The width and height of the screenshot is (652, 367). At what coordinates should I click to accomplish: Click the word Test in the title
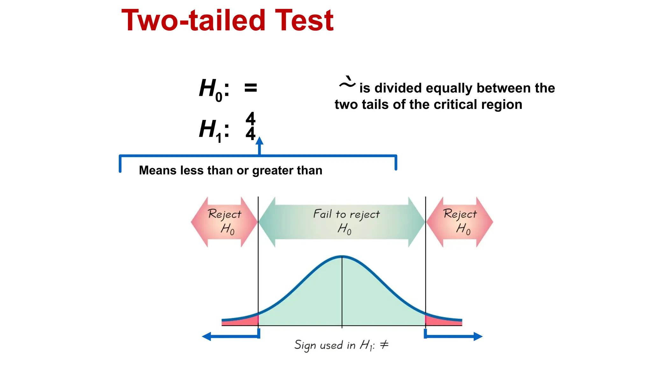pos(304,20)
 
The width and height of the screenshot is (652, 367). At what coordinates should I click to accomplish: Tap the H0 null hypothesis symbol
pos(210,89)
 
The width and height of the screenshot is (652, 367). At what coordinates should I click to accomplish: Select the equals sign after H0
pos(251,88)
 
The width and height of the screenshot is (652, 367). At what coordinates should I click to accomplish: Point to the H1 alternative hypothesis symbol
pos(210,130)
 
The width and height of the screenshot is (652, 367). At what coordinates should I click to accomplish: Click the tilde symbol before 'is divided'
pos(347,83)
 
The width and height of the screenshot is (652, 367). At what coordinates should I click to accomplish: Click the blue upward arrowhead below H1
pos(260,141)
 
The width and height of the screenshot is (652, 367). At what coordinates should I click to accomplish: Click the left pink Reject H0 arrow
pos(224,222)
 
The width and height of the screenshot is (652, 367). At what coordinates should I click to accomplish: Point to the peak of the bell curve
pos(342,256)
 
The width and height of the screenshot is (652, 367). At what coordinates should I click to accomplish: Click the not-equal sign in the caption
pos(384,344)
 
